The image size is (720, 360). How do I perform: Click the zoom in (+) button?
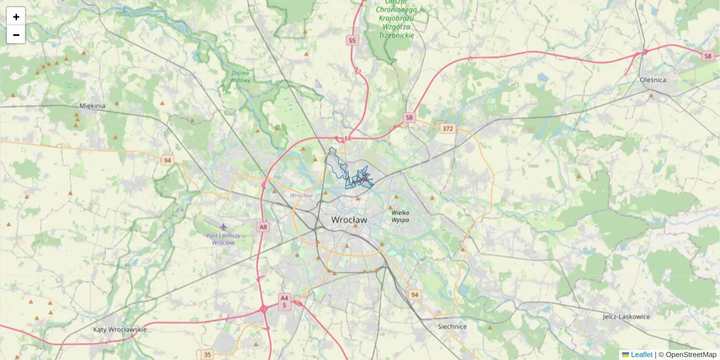pyautogui.click(x=16, y=16)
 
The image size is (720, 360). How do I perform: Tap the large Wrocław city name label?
pyautogui.click(x=349, y=220)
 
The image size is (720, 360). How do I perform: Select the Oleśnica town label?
pyautogui.click(x=653, y=79)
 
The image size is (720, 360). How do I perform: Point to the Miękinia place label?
pyautogui.click(x=92, y=106)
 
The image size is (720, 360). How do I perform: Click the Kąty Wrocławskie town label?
pyautogui.click(x=120, y=329)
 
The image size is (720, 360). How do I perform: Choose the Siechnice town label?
pyautogui.click(x=452, y=326)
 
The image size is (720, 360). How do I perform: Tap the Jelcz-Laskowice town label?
pyautogui.click(x=626, y=316)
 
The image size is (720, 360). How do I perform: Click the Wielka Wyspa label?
pyautogui.click(x=400, y=216)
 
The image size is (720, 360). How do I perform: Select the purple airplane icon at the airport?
pyautogui.click(x=224, y=227)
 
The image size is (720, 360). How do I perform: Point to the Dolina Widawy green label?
pyautogui.click(x=241, y=77)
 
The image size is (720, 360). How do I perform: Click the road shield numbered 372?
pyautogui.click(x=447, y=128)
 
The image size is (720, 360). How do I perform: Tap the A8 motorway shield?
pyautogui.click(x=263, y=227)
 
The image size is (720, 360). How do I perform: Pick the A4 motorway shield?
pyautogui.click(x=284, y=298)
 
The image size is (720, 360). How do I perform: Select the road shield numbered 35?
pyautogui.click(x=207, y=355)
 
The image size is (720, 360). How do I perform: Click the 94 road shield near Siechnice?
pyautogui.click(x=414, y=295)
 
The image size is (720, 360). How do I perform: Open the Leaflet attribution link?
pyautogui.click(x=641, y=355)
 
